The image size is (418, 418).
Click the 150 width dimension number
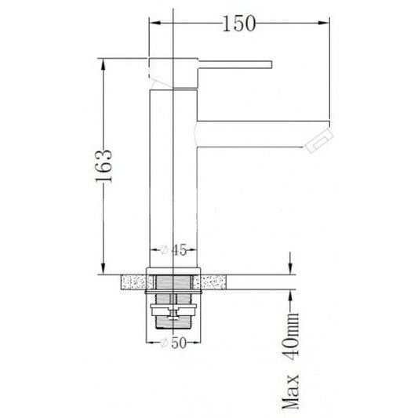point(239,24)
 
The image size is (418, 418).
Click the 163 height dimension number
point(104,165)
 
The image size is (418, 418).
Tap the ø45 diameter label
point(173,250)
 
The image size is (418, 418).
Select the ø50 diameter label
point(173,343)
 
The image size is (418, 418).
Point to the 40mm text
point(291,336)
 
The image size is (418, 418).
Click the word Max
point(291,391)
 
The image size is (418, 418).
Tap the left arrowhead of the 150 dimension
point(155,23)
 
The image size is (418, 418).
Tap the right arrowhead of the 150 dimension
point(324,23)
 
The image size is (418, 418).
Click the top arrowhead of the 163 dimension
point(104,64)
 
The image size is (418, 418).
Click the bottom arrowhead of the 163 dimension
point(104,268)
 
